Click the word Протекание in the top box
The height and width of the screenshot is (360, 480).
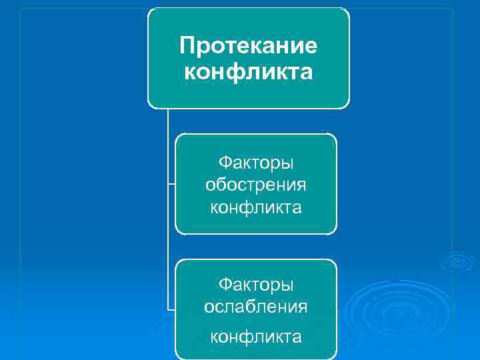pyautogui.click(x=248, y=46)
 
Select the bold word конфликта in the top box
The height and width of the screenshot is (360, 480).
pyautogui.click(x=248, y=71)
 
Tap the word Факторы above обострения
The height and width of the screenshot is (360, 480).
pyautogui.click(x=256, y=162)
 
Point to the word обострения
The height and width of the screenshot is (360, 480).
pyautogui.click(x=256, y=184)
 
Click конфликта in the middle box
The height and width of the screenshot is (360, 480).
pyautogui.click(x=256, y=207)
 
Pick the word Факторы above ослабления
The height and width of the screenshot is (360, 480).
pyautogui.click(x=256, y=285)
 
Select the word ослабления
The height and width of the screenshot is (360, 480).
pyautogui.click(x=256, y=307)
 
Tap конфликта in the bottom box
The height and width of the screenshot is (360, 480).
pyautogui.click(x=256, y=337)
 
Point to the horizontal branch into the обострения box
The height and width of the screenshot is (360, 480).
pyautogui.click(x=171, y=184)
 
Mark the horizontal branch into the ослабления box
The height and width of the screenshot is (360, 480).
pyautogui.click(x=171, y=309)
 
